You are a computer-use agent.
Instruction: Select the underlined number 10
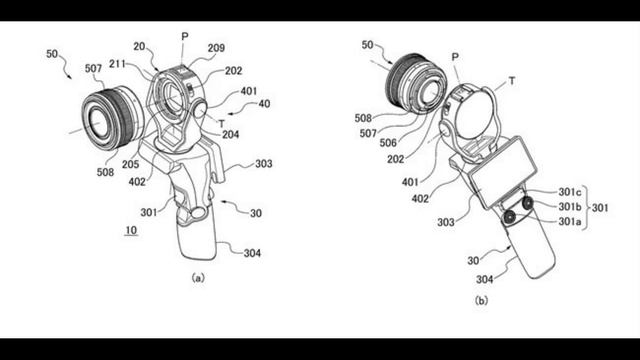point(132,231)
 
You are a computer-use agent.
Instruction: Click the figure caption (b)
point(481,300)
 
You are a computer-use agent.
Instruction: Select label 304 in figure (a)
point(252,254)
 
